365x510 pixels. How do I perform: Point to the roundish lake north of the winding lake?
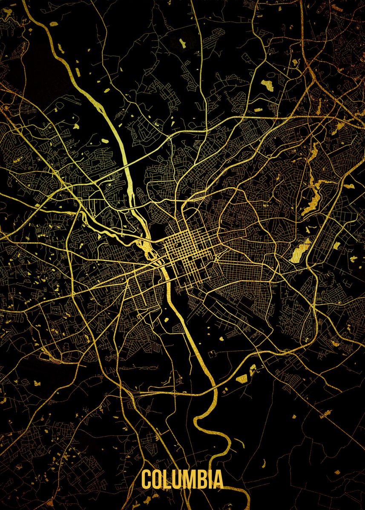click(267, 85)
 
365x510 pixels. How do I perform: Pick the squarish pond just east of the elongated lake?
click(336, 246)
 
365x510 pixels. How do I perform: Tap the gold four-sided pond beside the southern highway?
click(242, 379)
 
